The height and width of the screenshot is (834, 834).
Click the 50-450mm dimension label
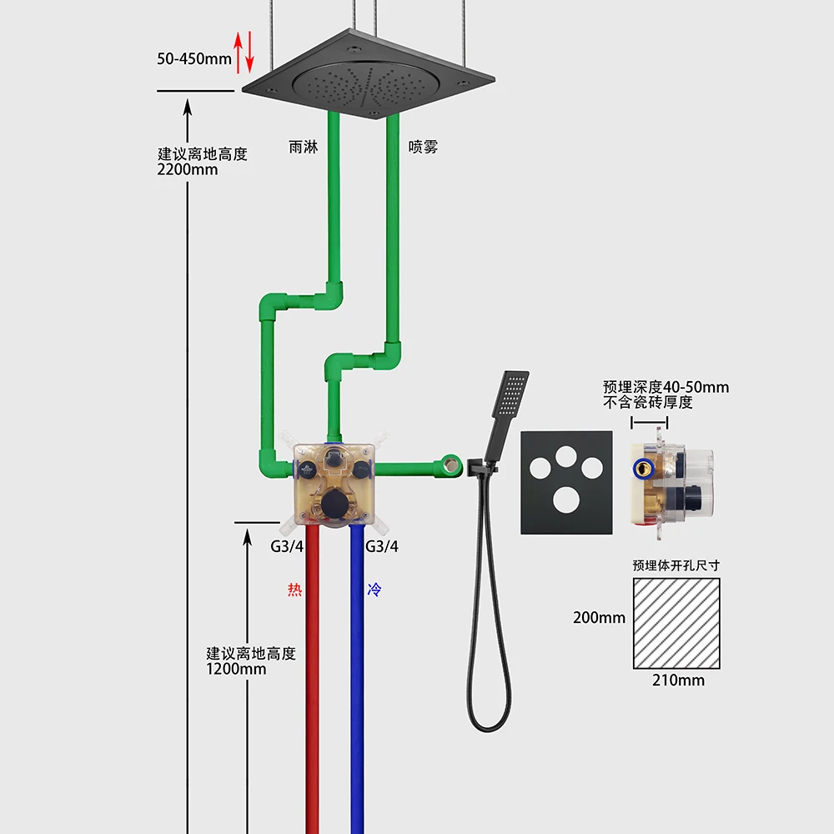(x=193, y=58)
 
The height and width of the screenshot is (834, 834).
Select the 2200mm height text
(x=188, y=170)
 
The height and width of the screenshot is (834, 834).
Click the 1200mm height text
(x=236, y=669)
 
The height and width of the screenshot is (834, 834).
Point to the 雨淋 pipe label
(x=303, y=147)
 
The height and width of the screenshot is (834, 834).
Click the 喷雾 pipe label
(x=423, y=147)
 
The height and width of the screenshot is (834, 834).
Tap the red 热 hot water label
(x=294, y=590)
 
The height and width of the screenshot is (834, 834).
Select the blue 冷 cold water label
(x=374, y=590)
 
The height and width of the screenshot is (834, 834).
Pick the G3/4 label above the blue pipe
(x=382, y=547)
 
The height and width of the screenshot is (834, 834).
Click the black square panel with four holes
(x=567, y=482)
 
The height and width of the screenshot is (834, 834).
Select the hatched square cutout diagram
(x=676, y=623)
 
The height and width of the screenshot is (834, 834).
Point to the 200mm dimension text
(x=599, y=618)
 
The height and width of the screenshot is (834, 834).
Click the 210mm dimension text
(x=677, y=681)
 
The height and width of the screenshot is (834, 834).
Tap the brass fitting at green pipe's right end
(x=452, y=464)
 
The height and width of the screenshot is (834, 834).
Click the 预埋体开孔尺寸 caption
(x=676, y=565)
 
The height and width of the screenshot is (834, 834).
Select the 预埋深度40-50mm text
(x=666, y=387)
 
